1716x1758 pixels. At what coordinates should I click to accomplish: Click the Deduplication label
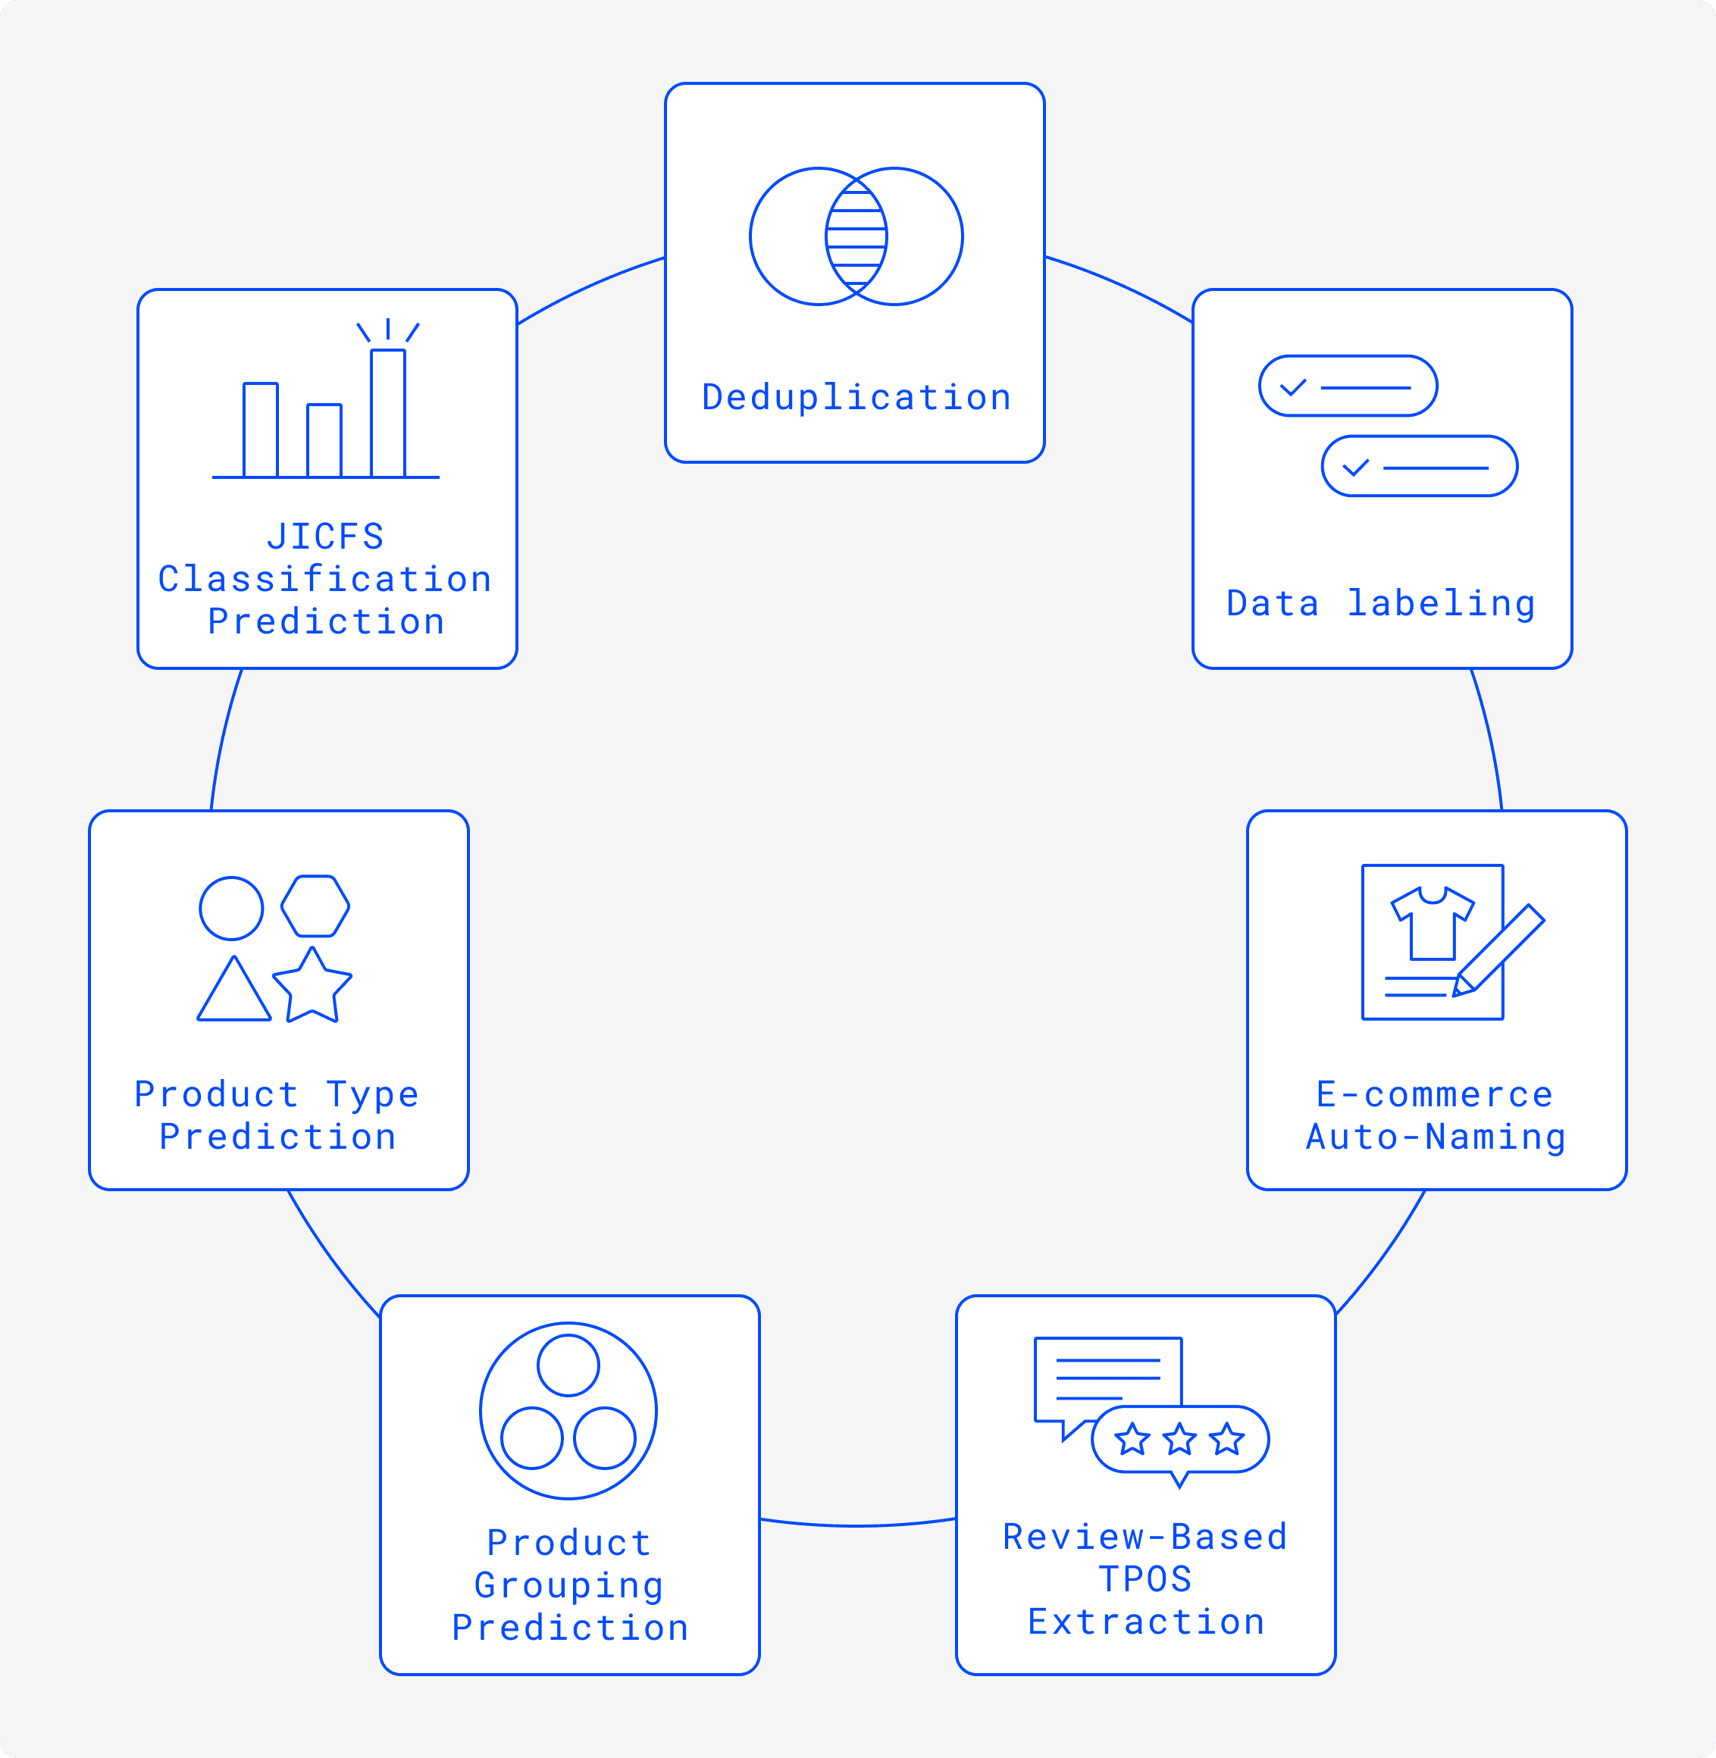[x=856, y=397]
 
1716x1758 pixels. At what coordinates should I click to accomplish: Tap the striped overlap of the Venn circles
[x=856, y=237]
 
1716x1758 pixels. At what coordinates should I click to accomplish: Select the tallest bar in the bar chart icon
[x=387, y=413]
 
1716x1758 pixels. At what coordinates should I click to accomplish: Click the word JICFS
[x=325, y=537]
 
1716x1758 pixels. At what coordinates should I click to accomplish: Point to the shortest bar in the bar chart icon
[x=324, y=440]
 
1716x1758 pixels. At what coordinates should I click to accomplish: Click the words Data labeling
[x=1381, y=603]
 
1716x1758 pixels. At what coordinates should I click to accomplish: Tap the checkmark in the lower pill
[x=1355, y=468]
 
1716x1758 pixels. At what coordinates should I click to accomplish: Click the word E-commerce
[x=1435, y=1094]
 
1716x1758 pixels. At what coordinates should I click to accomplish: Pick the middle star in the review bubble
[x=1179, y=1439]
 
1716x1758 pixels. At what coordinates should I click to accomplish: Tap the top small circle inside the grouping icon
[x=568, y=1365]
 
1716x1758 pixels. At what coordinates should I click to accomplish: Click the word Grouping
[x=568, y=1585]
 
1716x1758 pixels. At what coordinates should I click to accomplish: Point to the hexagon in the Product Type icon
[x=315, y=906]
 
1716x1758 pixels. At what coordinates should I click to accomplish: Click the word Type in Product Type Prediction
[x=372, y=1094]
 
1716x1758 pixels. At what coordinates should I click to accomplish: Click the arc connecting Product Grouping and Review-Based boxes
[x=857, y=1525]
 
